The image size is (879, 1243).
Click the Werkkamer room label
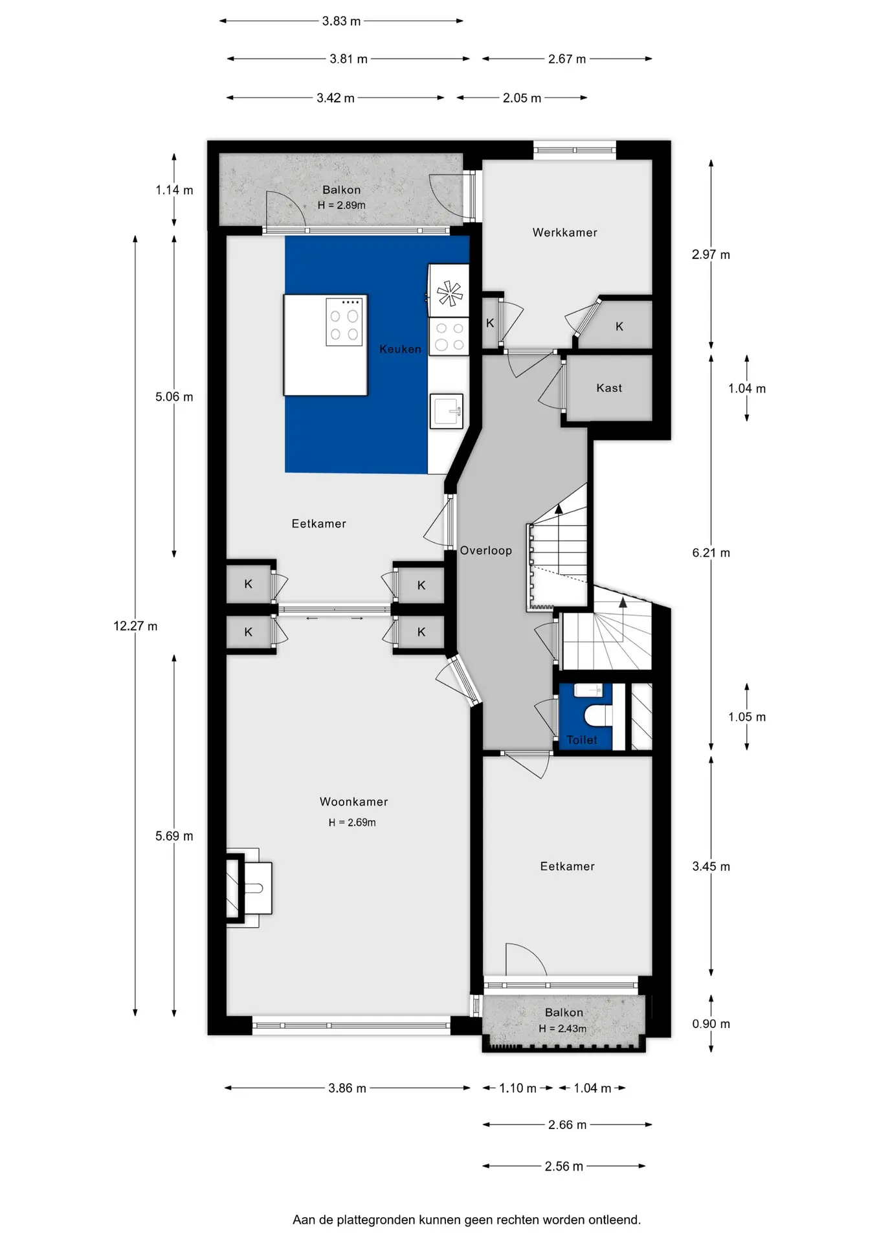pyautogui.click(x=564, y=232)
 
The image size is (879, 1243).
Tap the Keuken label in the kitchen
pyautogui.click(x=400, y=349)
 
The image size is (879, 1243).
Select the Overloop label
pyautogui.click(x=485, y=550)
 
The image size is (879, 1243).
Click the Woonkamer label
pyautogui.click(x=353, y=801)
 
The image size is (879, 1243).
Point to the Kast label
pyautogui.click(x=609, y=388)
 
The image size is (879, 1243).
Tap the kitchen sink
pyautogui.click(x=447, y=410)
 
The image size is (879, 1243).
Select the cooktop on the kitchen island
pyautogui.click(x=344, y=322)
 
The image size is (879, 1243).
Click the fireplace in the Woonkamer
pyautogui.click(x=249, y=888)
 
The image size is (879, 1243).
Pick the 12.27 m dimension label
pyautogui.click(x=135, y=626)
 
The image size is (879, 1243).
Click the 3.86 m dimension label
pyautogui.click(x=347, y=1088)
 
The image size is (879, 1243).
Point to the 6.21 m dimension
pyautogui.click(x=711, y=553)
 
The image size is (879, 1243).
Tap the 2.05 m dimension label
pyautogui.click(x=522, y=98)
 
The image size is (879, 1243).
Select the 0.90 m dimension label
pyautogui.click(x=711, y=1024)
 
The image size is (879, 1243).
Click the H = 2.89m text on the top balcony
pyautogui.click(x=341, y=205)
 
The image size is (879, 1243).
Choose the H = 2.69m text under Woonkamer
pyautogui.click(x=351, y=822)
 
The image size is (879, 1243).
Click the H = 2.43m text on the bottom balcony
pyautogui.click(x=562, y=1029)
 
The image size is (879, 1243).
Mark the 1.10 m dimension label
pyautogui.click(x=518, y=1088)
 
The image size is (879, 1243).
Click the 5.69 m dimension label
pyautogui.click(x=174, y=836)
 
